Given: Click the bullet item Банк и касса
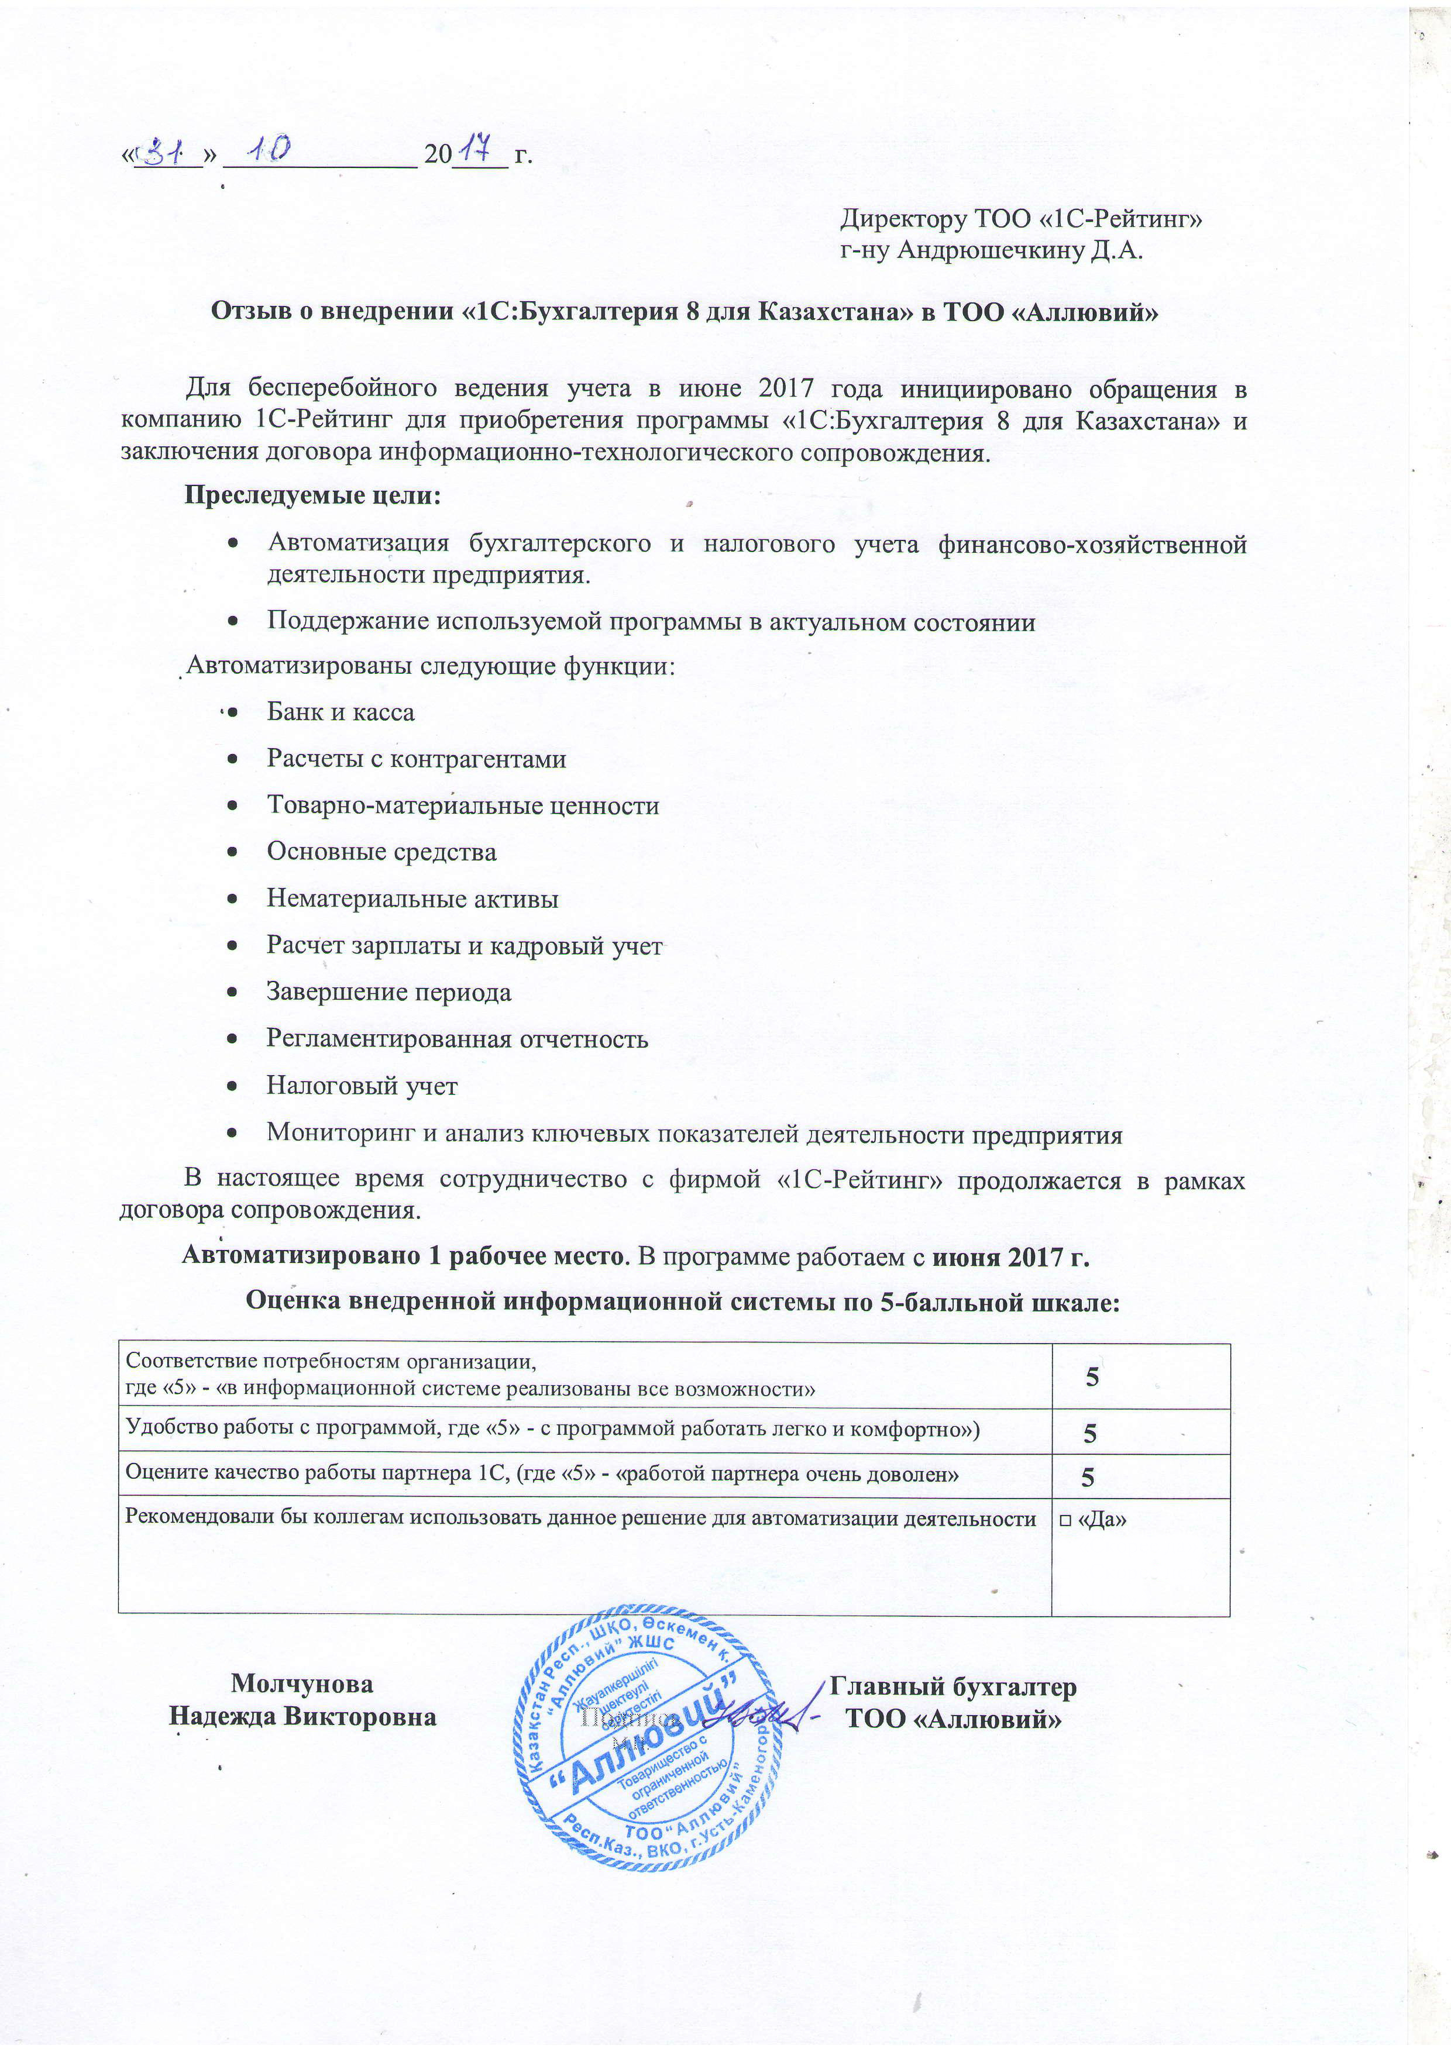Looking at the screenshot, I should (x=341, y=712).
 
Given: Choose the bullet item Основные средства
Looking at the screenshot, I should (x=381, y=852).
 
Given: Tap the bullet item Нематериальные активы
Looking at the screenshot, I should (x=412, y=898).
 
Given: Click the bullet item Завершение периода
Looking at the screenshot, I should (x=389, y=992).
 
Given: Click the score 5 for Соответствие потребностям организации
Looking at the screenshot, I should (x=1092, y=1377).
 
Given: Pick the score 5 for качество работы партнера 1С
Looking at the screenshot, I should (x=1088, y=1478).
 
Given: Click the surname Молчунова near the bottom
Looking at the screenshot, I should (x=302, y=1684).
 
